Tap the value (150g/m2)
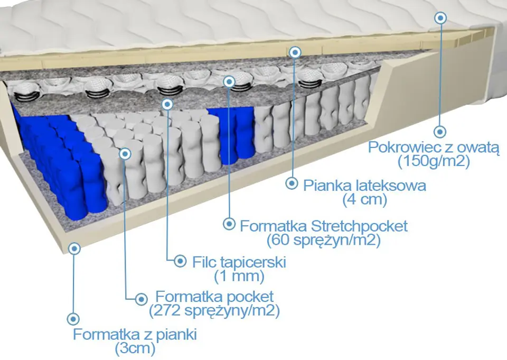click(x=434, y=161)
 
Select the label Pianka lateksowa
click(x=365, y=186)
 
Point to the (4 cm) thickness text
click(x=365, y=199)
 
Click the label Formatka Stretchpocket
click(x=324, y=226)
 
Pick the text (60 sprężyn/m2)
click(x=324, y=240)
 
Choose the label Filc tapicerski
click(x=239, y=262)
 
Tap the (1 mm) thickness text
click(x=239, y=275)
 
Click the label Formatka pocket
click(x=215, y=296)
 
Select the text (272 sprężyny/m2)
click(x=215, y=310)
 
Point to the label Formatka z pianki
click(x=135, y=335)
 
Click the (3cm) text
click(x=135, y=348)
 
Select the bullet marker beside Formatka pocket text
click(x=142, y=298)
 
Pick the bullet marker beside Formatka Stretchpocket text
click(x=229, y=224)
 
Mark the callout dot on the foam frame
click(x=74, y=248)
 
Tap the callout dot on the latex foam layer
click(x=295, y=52)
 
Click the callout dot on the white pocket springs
click(x=125, y=153)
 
